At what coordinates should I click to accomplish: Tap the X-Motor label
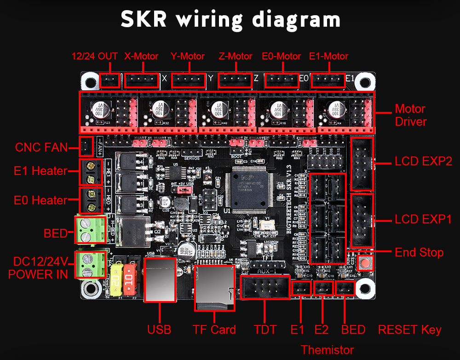tap(141, 56)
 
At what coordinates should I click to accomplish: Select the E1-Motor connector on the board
tap(328, 81)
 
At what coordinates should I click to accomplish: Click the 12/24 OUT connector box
tap(110, 81)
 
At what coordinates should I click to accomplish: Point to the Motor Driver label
tap(410, 116)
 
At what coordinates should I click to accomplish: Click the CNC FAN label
tap(41, 148)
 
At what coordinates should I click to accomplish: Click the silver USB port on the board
tap(160, 279)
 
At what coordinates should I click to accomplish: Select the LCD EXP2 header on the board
tap(362, 163)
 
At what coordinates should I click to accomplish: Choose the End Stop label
tap(419, 252)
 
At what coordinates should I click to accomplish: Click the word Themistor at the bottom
tap(327, 349)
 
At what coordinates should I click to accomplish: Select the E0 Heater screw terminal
tap(91, 200)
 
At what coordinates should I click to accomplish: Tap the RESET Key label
tap(409, 330)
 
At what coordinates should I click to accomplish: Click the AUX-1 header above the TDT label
tap(265, 288)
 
